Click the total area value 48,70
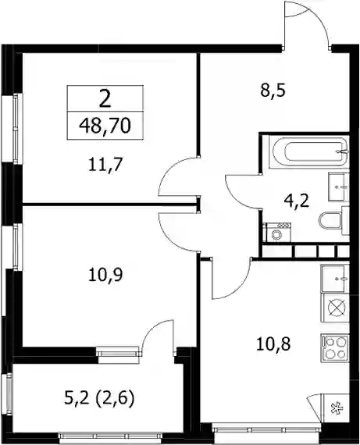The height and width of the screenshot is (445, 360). (x=105, y=126)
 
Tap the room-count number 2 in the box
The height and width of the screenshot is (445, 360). (x=105, y=100)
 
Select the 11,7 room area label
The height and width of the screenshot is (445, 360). (x=105, y=165)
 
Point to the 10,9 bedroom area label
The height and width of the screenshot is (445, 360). (x=105, y=275)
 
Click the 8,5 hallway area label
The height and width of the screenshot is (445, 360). (x=273, y=91)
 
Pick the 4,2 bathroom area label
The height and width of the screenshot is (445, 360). (x=297, y=201)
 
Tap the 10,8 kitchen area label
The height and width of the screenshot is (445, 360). (x=273, y=344)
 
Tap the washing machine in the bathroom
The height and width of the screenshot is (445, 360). (x=277, y=233)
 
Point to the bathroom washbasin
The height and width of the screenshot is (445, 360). (x=338, y=187)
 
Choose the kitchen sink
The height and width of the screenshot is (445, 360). (x=334, y=278)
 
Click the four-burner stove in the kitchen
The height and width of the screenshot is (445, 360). (x=334, y=348)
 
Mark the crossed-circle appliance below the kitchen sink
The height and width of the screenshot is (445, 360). (x=337, y=308)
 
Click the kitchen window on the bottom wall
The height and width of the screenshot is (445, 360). (x=267, y=429)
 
